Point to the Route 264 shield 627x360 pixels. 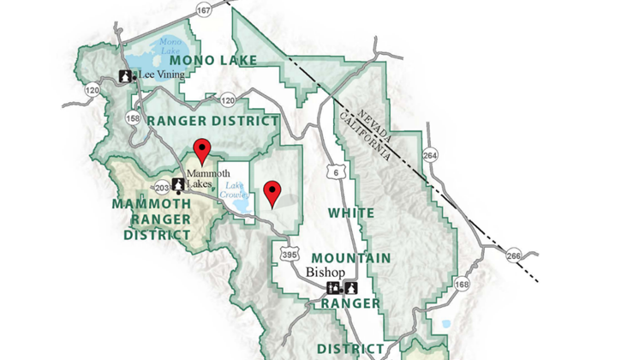coord(429,155)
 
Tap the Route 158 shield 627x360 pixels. coord(134,118)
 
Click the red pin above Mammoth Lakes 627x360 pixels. coord(202,150)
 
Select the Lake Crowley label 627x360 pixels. coord(235,190)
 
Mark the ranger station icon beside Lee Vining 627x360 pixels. coord(125,75)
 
